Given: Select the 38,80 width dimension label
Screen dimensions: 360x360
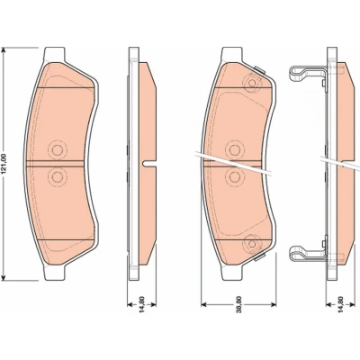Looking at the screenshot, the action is coord(238,305).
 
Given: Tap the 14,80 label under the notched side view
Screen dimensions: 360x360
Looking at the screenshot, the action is coord(142,305).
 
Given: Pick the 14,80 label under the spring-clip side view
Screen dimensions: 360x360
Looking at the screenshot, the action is coord(340,305).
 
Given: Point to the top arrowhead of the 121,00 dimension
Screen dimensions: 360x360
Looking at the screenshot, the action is coord(4,50).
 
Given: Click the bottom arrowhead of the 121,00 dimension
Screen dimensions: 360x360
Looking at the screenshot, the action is coord(4,277).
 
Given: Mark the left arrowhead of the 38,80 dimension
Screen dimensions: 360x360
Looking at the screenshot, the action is coord(203,305).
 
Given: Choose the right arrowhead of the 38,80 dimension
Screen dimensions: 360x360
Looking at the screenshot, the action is coord(274,305).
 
